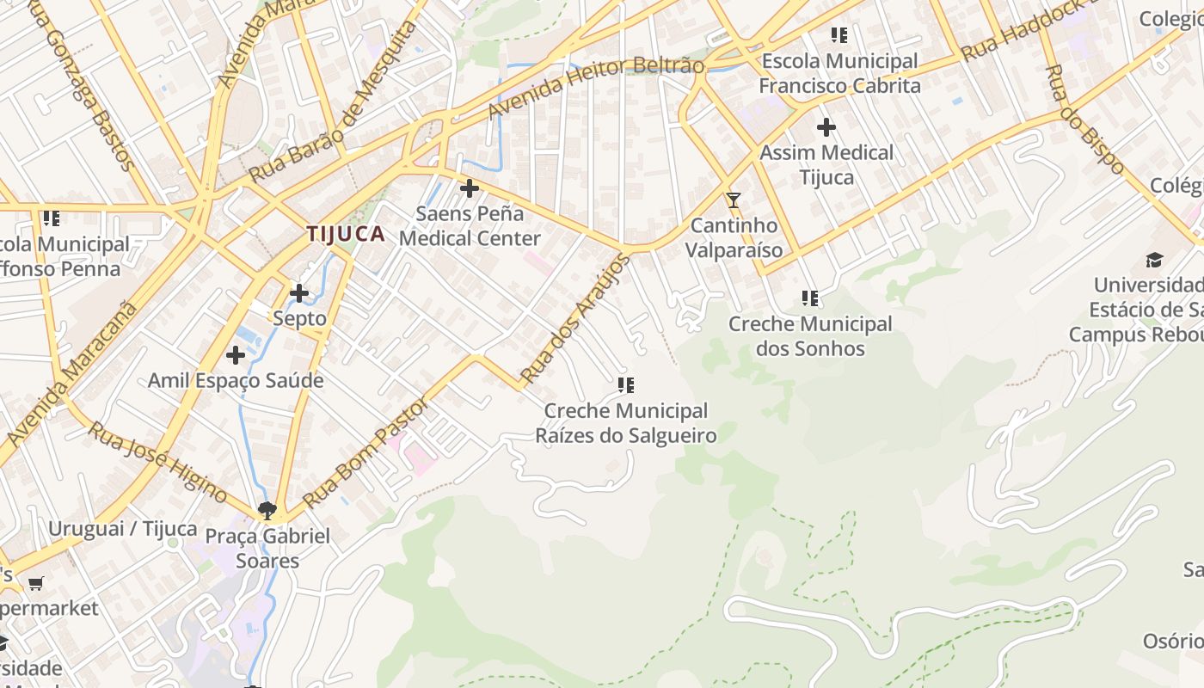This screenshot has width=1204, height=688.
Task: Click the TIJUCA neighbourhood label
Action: [x=346, y=234]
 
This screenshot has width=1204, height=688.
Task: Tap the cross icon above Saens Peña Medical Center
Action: [x=470, y=187]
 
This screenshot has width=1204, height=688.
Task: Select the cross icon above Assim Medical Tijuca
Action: [x=826, y=127]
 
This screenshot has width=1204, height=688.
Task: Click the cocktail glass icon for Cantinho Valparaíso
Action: [x=733, y=200]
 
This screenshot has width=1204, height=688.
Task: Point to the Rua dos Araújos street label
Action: [x=575, y=319]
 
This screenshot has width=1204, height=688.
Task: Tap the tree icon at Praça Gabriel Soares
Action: [x=267, y=510]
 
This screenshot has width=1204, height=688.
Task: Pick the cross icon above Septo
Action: [x=299, y=293]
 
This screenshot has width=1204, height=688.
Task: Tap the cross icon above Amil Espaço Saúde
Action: [x=236, y=355]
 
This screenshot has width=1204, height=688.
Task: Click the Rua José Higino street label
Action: [x=157, y=462]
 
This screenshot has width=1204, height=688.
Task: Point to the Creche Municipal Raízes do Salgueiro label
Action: [x=626, y=423]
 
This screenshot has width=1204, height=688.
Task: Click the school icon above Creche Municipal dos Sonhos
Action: [x=809, y=298]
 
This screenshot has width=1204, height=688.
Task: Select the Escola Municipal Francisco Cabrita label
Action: [x=839, y=73]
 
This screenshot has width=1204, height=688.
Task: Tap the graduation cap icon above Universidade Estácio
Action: [x=1154, y=260]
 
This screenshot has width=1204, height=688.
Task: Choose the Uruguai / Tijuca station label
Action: [x=122, y=529]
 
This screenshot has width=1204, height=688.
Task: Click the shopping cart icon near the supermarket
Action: [x=36, y=584]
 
